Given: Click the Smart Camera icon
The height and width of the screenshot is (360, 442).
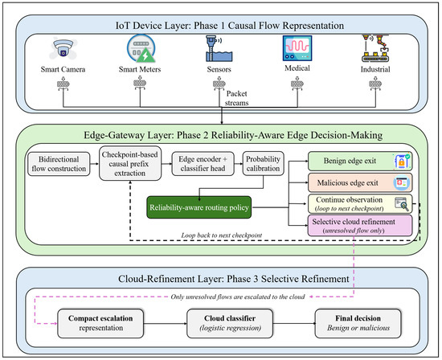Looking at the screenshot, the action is coord(63,49).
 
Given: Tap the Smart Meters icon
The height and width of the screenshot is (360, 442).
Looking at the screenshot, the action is coord(141,48).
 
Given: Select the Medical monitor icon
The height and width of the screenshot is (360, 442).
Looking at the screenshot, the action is coord(297,48).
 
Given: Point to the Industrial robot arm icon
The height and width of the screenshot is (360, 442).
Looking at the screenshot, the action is coord(375,48).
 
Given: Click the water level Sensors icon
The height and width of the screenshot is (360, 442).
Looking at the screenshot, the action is coord(219,48).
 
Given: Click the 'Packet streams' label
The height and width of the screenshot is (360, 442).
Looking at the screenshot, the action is coord(236,98).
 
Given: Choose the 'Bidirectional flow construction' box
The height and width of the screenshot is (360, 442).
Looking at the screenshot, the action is coord(59,164).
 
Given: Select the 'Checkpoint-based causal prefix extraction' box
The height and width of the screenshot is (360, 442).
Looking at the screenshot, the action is coord(130,163).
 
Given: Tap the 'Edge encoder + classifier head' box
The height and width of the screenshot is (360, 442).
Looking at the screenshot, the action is coord(203,164).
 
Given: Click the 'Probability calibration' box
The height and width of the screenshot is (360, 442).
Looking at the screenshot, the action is coord(263,164).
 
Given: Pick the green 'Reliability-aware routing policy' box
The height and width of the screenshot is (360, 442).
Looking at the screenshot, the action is coord(199,207).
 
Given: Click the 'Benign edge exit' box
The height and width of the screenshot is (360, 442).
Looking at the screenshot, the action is coord(360,162).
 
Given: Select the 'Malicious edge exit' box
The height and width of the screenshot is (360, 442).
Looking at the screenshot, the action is coord(360,182).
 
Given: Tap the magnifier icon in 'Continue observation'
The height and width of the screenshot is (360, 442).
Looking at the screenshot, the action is coord(402,203).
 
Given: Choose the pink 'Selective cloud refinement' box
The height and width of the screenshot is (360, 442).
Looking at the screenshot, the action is coord(360,226).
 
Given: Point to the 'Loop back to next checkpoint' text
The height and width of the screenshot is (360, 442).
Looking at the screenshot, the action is coord(222,235).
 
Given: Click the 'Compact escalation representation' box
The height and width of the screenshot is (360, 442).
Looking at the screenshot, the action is coord(100,323).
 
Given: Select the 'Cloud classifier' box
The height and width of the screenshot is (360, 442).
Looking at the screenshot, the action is coord(230,323).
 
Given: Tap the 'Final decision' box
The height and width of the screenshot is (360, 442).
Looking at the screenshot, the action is coord(358,323).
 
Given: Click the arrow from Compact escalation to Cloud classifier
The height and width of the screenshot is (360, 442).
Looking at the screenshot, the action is coord(166,323).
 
